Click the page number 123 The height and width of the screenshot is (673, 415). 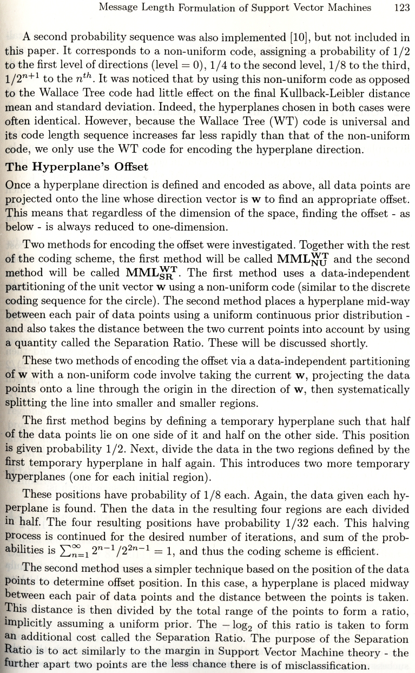[401, 8]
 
